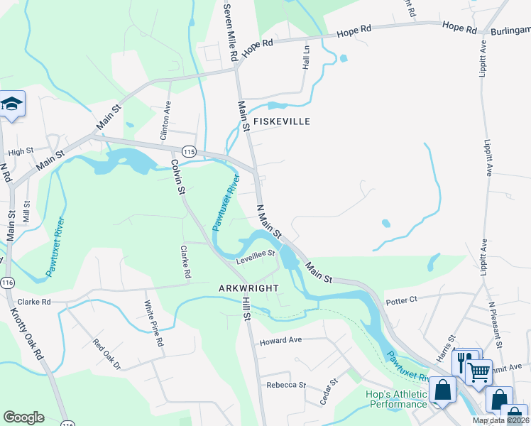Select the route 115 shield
pyautogui.click(x=188, y=151)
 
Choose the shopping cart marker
pyautogui.click(x=478, y=371)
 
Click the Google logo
pyautogui.click(x=23, y=417)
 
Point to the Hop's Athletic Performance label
pyautogui.click(x=398, y=399)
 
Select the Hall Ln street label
pyautogui.click(x=307, y=56)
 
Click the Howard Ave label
pyautogui.click(x=281, y=340)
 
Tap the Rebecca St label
pyautogui.click(x=285, y=385)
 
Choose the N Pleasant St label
pyautogui.click(x=493, y=323)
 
